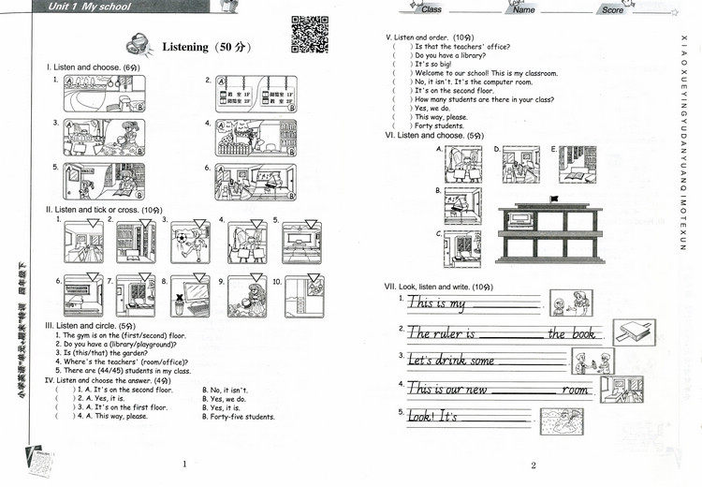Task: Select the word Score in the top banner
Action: click(x=612, y=9)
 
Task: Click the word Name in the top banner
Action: click(x=524, y=9)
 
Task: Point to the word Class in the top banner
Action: click(x=431, y=9)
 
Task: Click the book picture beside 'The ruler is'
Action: click(x=633, y=331)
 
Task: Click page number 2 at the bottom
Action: click(x=533, y=465)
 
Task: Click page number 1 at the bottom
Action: click(x=184, y=465)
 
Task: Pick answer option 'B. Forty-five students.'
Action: click(x=239, y=417)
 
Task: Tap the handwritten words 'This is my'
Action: click(x=437, y=303)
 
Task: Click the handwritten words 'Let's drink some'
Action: click(x=451, y=361)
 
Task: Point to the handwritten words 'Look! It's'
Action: click(x=431, y=415)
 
